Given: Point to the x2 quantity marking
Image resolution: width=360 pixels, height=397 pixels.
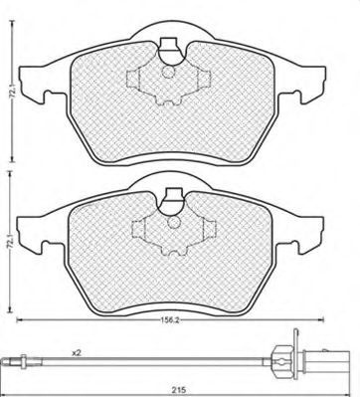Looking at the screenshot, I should tap(77, 351).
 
